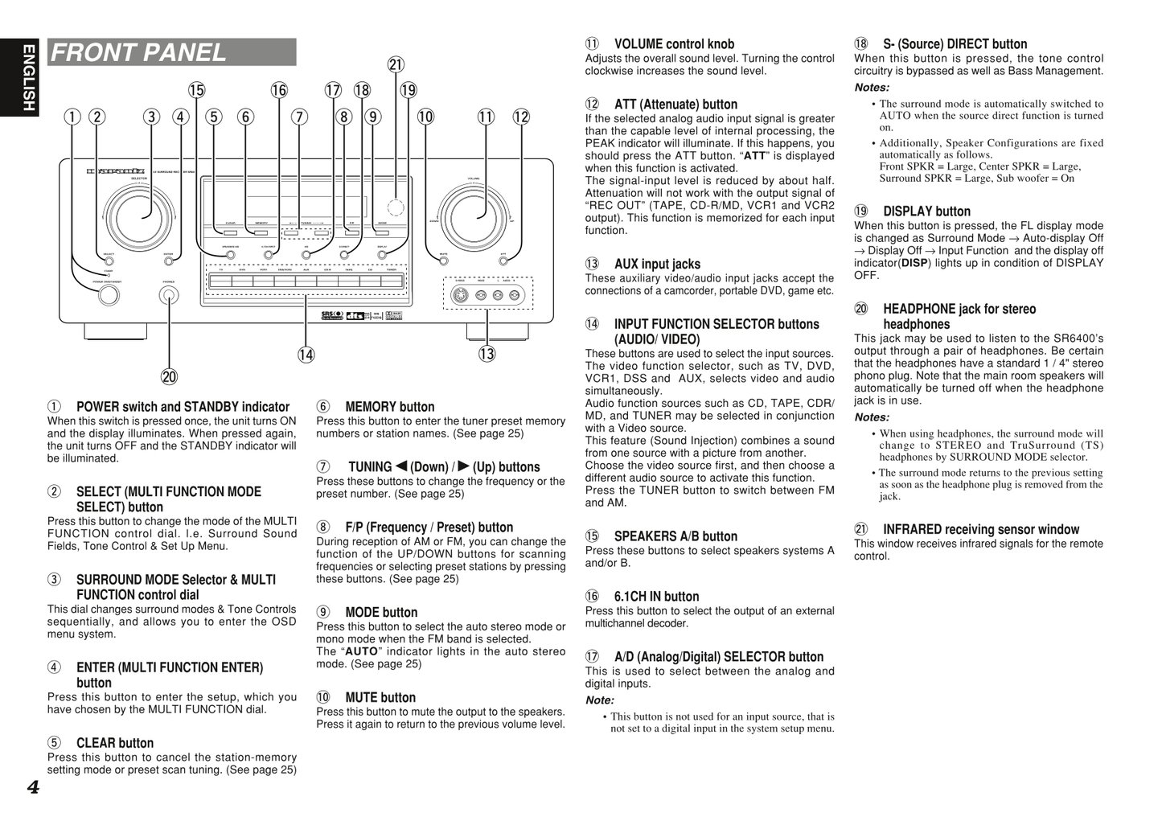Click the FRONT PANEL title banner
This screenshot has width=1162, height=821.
[171, 52]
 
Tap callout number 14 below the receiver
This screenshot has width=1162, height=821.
[306, 355]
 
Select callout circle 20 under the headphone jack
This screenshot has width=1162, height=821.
[169, 376]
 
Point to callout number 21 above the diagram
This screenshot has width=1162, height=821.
[396, 65]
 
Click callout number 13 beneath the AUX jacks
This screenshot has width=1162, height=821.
[487, 354]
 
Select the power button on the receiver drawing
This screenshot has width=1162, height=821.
[109, 295]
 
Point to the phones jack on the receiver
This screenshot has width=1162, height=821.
[169, 295]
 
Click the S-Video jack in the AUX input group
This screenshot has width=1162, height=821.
[461, 295]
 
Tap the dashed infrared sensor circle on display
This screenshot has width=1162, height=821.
[395, 207]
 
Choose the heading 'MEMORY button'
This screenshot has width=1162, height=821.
[389, 407]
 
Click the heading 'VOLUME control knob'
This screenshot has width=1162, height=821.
[674, 44]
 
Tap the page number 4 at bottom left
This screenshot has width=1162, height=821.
[33, 787]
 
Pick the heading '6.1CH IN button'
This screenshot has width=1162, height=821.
[656, 597]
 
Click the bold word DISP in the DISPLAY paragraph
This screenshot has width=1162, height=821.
[914, 263]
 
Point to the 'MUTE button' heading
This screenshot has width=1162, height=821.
[380, 698]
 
